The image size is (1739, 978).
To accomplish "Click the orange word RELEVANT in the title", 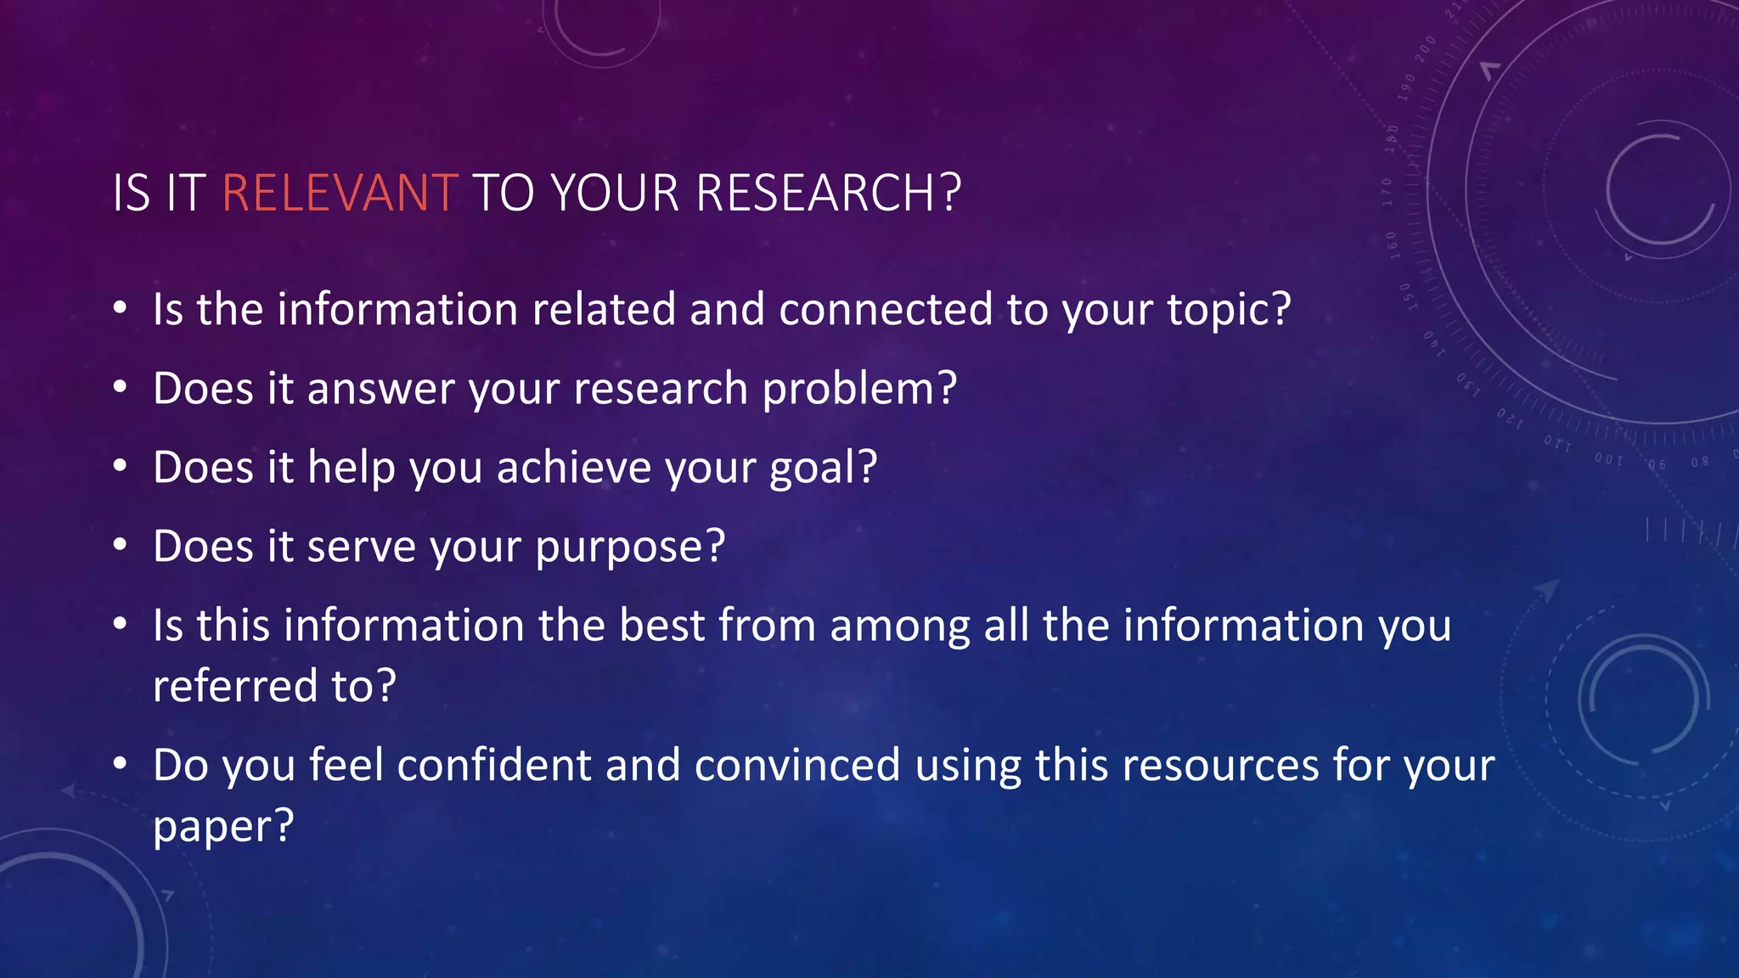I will click(340, 194).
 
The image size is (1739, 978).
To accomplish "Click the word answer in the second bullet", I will click(380, 390).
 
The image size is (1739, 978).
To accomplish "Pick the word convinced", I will click(797, 765).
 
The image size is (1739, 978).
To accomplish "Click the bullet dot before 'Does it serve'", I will click(121, 545).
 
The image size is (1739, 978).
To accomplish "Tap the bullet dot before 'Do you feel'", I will click(121, 765).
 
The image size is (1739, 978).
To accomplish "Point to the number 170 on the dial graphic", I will click(1387, 191).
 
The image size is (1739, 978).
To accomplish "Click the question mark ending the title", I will click(951, 194).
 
